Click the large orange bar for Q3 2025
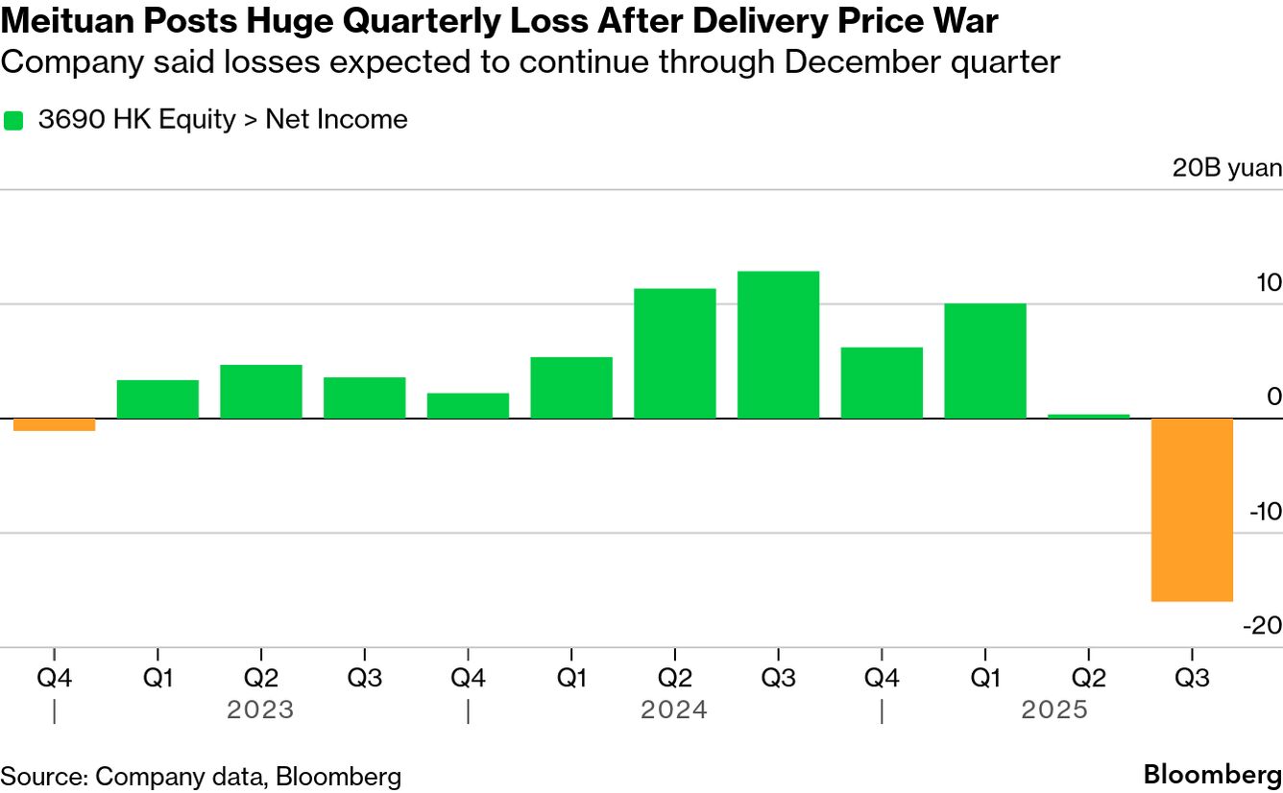click(1192, 510)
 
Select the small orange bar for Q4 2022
click(54, 424)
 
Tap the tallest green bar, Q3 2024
click(778, 345)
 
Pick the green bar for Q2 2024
click(675, 353)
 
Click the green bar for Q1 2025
click(984, 361)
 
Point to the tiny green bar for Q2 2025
click(1088, 416)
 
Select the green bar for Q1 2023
click(157, 399)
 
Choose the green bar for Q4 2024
click(882, 383)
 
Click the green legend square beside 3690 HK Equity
click(13, 120)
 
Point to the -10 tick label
click(1265, 512)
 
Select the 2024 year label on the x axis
click(674, 710)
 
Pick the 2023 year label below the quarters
click(260, 710)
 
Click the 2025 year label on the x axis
click(1054, 710)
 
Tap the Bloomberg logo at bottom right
click(1212, 776)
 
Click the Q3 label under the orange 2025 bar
click(1192, 678)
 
